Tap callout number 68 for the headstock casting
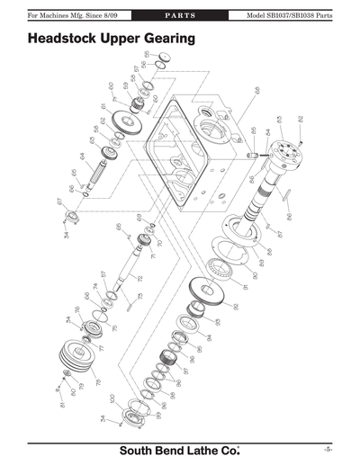(257, 90)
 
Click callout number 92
(236, 306)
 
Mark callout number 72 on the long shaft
(140, 278)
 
